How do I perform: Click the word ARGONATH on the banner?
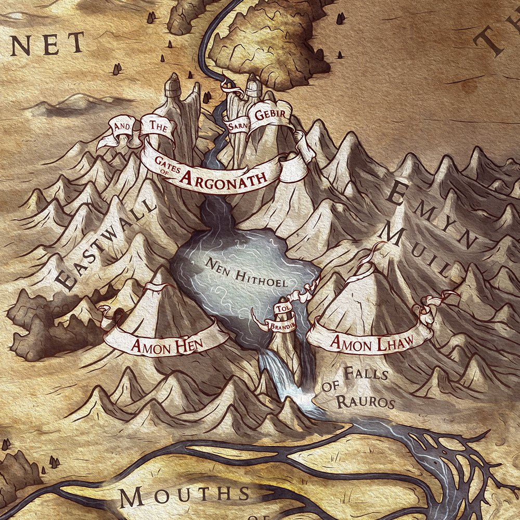pos(224,177)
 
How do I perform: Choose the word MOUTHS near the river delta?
pos(185,498)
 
